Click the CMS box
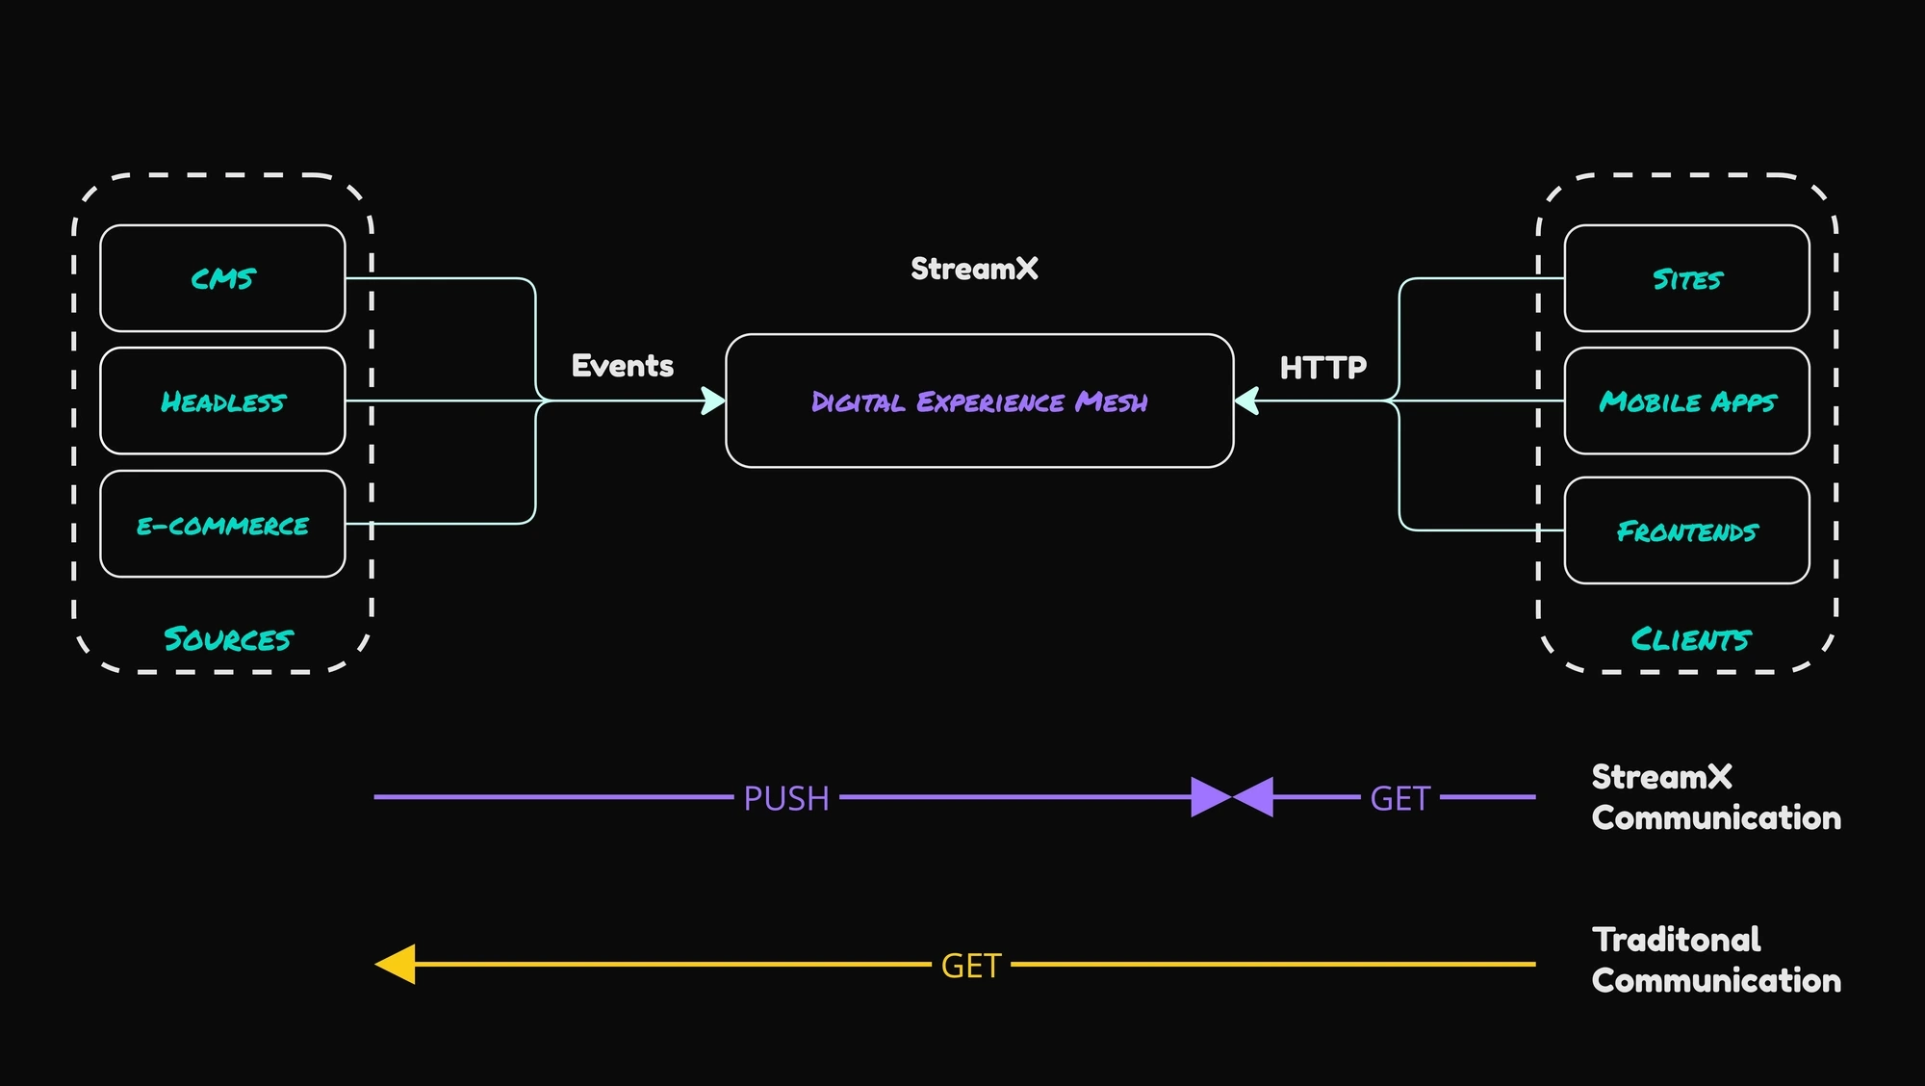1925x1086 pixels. [x=222, y=278]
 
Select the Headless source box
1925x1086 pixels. [x=222, y=401]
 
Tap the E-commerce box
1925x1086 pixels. [x=222, y=525]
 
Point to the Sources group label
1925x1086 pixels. [x=227, y=639]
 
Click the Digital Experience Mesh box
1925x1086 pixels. [x=979, y=401]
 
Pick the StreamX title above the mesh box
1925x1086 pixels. [x=974, y=269]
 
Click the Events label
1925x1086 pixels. [x=623, y=366]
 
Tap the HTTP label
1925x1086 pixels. [x=1322, y=368]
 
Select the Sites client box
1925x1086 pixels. [x=1686, y=279]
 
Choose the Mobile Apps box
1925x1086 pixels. [x=1686, y=401]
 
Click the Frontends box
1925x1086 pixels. [x=1686, y=531]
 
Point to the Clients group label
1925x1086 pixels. [x=1690, y=639]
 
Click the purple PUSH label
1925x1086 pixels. [x=786, y=798]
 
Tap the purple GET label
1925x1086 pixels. [x=1399, y=798]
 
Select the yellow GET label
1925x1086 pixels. [x=971, y=966]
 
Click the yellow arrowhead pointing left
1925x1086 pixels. [x=397, y=964]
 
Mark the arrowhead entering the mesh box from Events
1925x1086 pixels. [x=713, y=401]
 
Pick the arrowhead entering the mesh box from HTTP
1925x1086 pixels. [x=1246, y=401]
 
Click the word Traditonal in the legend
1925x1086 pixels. [x=1676, y=940]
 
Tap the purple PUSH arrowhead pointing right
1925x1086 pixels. [x=1210, y=797]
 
